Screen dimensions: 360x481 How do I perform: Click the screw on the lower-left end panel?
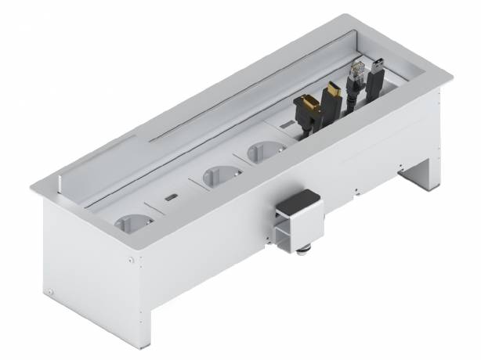coord(49,291)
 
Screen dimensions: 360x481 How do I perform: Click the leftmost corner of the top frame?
coord(32,187)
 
